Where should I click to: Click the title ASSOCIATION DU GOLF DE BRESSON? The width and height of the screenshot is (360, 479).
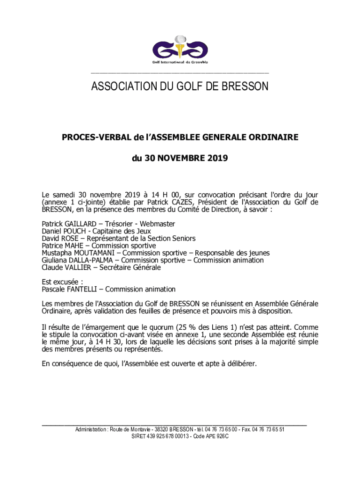click(x=180, y=87)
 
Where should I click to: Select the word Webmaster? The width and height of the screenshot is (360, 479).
click(x=158, y=224)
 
